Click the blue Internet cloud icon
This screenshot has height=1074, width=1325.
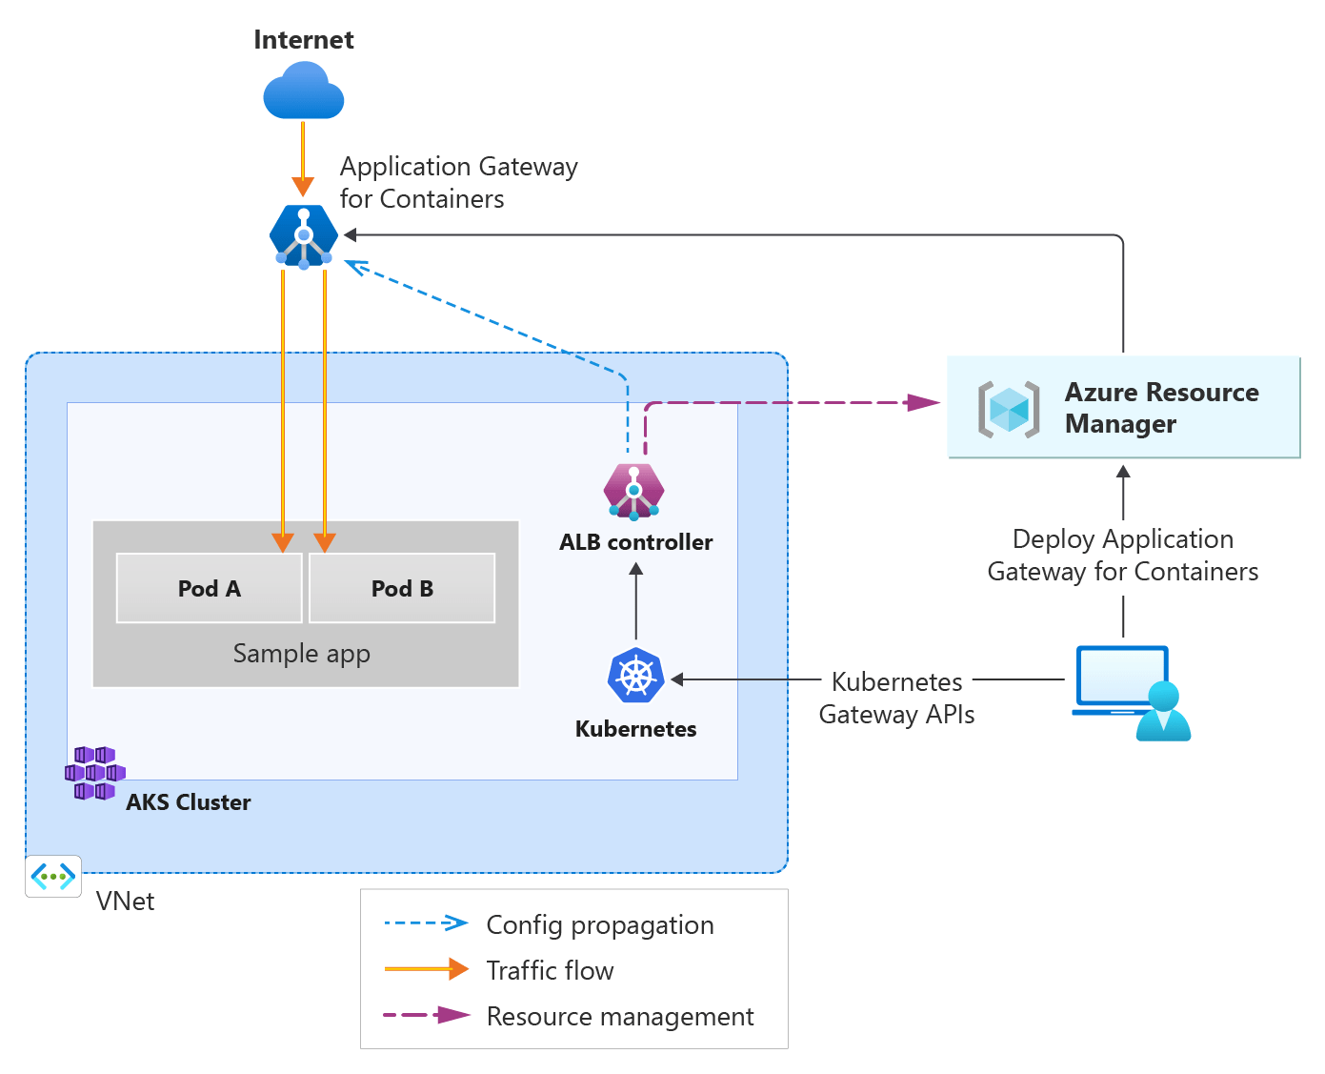click(x=303, y=92)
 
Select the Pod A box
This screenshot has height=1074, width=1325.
click(x=209, y=588)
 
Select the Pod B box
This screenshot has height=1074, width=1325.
click(x=402, y=588)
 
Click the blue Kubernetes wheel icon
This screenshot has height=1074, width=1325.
click(x=635, y=676)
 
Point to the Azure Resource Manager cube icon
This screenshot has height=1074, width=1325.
click(x=1009, y=410)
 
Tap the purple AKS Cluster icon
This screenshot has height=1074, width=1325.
click(x=94, y=773)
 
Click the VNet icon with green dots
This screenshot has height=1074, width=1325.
click(x=53, y=876)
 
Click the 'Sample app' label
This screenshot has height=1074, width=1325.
click(x=301, y=654)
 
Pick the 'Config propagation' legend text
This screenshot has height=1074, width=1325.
click(x=599, y=924)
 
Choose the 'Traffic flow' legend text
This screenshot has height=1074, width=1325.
click(x=550, y=970)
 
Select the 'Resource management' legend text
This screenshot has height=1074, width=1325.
click(x=619, y=1017)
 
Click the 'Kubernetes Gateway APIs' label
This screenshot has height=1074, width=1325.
click(x=896, y=698)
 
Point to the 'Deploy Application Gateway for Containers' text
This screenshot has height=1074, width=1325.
click(x=1122, y=555)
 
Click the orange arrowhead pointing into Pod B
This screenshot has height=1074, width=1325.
click(x=325, y=542)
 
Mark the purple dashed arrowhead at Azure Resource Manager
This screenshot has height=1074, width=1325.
click(x=923, y=402)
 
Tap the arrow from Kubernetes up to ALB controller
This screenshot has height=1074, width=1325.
click(x=636, y=600)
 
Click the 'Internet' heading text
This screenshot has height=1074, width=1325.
click(x=303, y=40)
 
